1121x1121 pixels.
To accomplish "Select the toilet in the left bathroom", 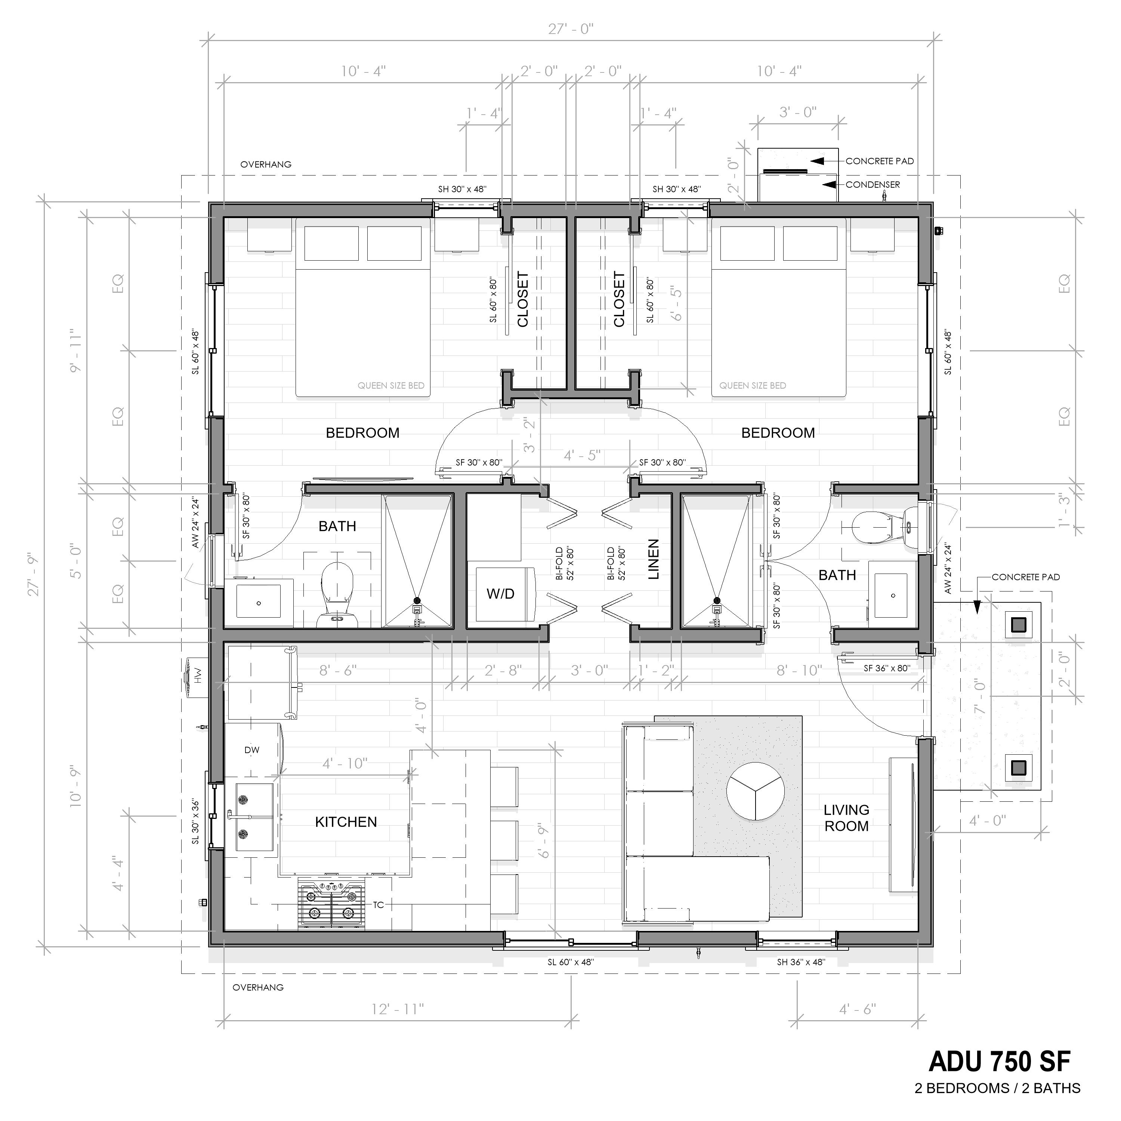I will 338,592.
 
